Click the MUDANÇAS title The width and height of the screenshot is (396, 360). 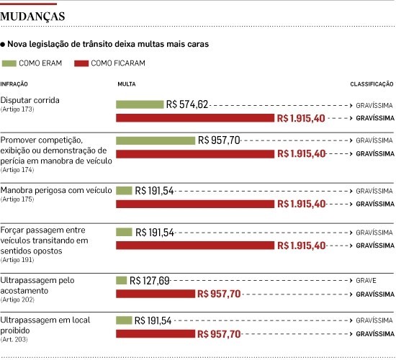[32, 17]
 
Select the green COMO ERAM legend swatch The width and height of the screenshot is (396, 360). [9, 63]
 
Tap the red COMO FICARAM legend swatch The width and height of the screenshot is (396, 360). [81, 63]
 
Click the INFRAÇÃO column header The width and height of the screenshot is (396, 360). [14, 84]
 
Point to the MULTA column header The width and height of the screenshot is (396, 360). [127, 84]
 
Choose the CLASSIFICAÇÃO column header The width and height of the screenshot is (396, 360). [372, 84]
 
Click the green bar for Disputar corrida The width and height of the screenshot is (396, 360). [140, 104]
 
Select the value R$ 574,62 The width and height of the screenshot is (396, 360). [187, 104]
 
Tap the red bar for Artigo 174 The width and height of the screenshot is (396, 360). [195, 154]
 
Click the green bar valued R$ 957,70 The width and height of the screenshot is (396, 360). [156, 140]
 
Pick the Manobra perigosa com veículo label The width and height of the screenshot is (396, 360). [56, 190]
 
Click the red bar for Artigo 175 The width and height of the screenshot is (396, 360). [195, 204]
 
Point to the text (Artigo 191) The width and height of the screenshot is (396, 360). [17, 260]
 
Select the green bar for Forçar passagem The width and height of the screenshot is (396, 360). [124, 232]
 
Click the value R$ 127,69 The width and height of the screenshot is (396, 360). [149, 280]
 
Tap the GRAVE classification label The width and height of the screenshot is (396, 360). [366, 280]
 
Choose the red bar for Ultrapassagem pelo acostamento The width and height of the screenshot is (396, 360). [156, 294]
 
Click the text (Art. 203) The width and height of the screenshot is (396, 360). [14, 339]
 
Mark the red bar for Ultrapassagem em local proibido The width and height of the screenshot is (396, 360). [156, 334]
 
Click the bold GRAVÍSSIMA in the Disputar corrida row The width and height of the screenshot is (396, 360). [375, 118]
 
